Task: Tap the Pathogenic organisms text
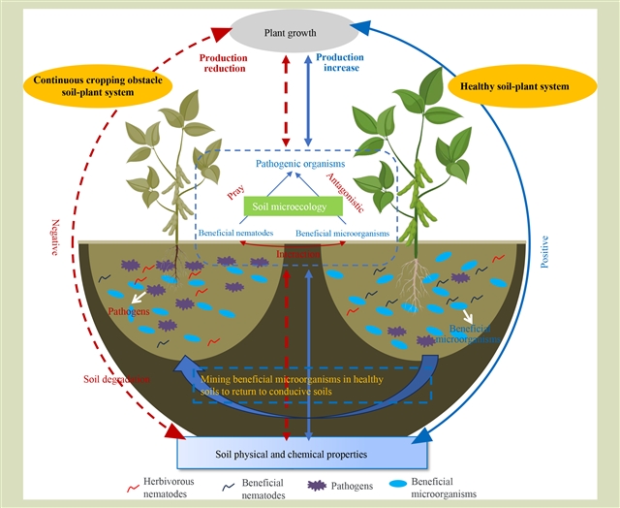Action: (297, 164)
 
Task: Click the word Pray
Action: (235, 193)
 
